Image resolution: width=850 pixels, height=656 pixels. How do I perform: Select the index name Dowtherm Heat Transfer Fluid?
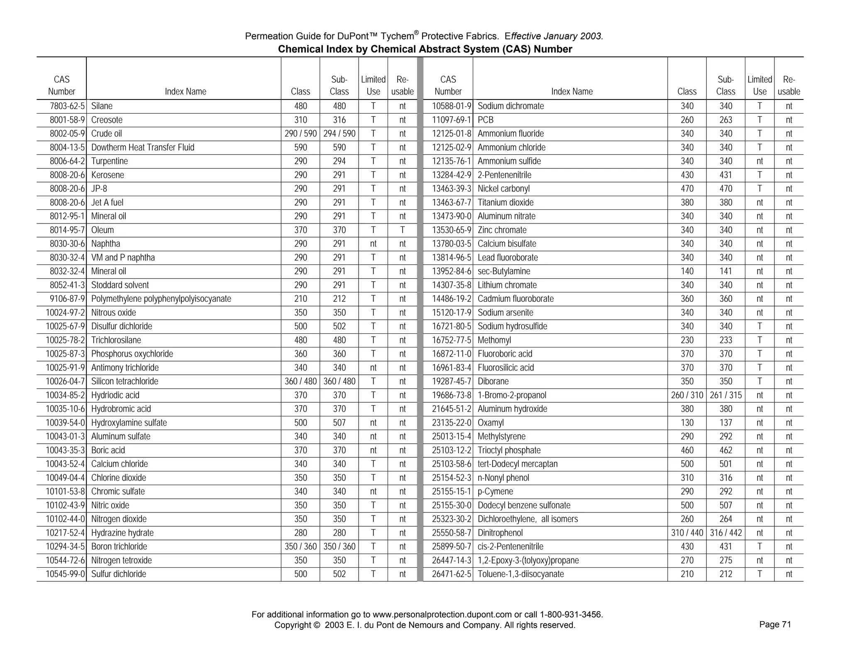coord(142,148)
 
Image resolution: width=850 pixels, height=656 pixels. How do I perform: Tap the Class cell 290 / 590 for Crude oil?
coord(300,134)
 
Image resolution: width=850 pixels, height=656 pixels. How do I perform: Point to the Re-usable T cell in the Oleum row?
coord(402,230)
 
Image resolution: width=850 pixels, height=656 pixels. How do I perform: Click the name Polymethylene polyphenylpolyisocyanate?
coord(161,299)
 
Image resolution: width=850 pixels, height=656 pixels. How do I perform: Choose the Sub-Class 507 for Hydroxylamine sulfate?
coord(339,423)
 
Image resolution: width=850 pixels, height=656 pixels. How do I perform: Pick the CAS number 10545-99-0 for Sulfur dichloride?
coord(65,574)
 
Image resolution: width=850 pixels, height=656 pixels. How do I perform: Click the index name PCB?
coord(486,120)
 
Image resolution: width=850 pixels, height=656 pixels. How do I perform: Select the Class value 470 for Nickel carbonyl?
coord(687,189)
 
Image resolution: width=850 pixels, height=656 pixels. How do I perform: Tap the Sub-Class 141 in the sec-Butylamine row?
coord(725,272)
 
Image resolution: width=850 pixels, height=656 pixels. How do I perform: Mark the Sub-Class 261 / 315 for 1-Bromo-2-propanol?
coord(725,396)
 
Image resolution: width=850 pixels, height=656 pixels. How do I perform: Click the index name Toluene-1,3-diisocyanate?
coord(520,574)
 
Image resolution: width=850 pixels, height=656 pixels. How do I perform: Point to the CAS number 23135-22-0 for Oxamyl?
coord(452,423)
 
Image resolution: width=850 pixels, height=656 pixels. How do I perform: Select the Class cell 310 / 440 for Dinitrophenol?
coord(687,533)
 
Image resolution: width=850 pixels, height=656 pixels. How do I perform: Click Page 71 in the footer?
coord(775,624)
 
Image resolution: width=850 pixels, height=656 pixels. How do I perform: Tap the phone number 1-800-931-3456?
coord(571,615)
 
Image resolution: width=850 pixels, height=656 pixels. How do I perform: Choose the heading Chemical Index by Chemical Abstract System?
coord(425,49)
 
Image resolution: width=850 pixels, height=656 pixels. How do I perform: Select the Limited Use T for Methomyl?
coord(759,340)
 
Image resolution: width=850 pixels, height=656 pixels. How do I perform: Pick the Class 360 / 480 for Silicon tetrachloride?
coord(300,381)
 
